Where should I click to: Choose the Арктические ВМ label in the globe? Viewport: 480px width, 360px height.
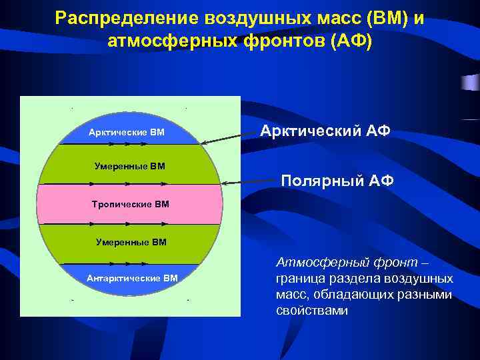tap(127, 132)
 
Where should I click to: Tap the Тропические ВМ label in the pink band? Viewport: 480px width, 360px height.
tap(130, 203)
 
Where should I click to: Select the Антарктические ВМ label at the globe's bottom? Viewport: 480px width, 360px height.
tap(132, 277)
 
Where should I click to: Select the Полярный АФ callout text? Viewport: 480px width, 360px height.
tap(337, 180)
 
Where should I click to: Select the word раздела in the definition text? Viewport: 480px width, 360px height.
tap(351, 279)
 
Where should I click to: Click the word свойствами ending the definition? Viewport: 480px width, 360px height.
tap(312, 311)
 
